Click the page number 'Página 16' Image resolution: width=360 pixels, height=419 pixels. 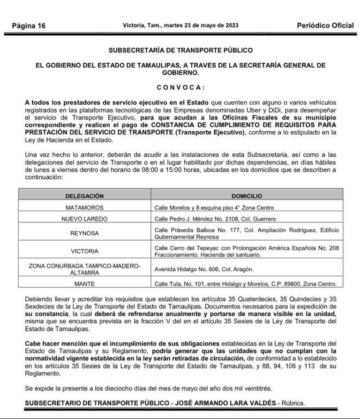(29, 26)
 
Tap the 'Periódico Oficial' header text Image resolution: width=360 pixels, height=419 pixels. (325, 25)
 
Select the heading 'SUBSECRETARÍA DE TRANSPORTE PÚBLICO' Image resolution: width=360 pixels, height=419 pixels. (180, 50)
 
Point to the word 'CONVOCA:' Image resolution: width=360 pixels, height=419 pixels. (180, 87)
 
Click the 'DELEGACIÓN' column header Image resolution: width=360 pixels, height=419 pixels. (85, 196)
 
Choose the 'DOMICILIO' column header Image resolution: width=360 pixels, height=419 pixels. (247, 196)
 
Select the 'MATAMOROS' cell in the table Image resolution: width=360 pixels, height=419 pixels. (85, 207)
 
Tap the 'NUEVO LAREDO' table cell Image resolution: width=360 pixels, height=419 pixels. (85, 219)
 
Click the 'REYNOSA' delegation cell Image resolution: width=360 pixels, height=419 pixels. (85, 233)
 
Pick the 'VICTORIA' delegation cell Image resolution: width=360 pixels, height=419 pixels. (85, 251)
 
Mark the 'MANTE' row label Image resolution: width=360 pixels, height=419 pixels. (85, 283)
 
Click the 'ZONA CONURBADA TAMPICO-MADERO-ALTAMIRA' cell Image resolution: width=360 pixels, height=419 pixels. (85, 269)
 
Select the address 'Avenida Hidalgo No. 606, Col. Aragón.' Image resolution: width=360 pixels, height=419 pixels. (204, 269)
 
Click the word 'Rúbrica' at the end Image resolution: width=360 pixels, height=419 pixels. (296, 403)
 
